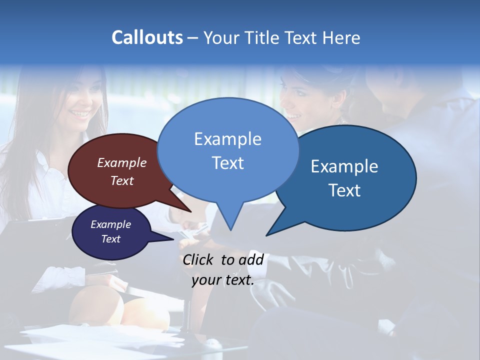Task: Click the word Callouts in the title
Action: (147, 37)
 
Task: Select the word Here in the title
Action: (342, 37)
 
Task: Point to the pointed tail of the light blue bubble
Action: (230, 229)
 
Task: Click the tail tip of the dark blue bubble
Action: (267, 235)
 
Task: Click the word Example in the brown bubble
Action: (122, 162)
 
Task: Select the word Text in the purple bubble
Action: (111, 239)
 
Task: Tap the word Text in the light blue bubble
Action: (227, 163)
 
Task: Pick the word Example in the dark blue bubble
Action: (344, 166)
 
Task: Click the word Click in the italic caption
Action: (198, 259)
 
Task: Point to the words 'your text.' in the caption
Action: (223, 280)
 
